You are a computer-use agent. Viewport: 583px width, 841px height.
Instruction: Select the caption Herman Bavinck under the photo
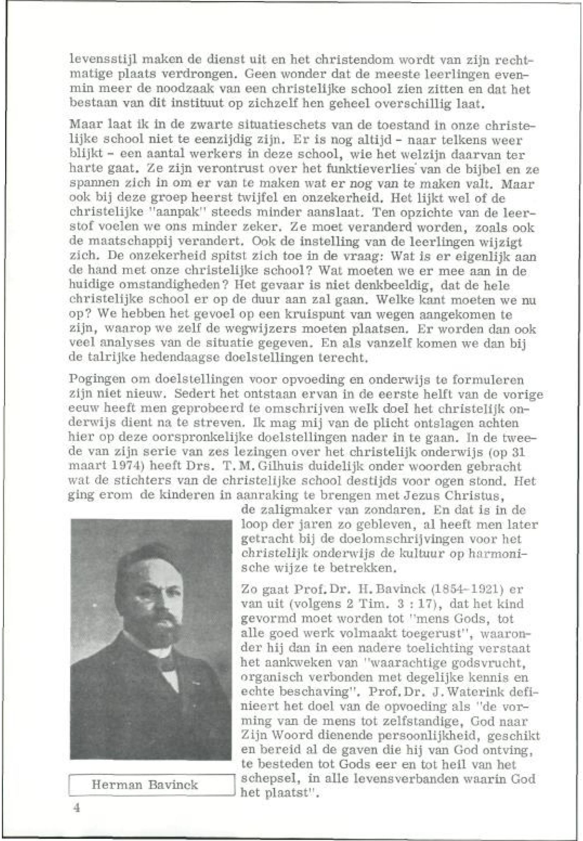(145, 784)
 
